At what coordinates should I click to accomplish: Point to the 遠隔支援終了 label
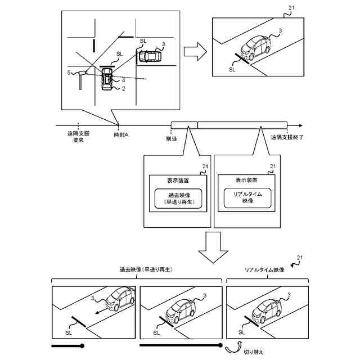click(x=287, y=137)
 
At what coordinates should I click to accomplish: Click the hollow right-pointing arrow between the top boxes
click(x=195, y=51)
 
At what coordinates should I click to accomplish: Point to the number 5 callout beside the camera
click(x=69, y=73)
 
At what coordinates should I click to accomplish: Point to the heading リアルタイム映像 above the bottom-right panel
click(x=265, y=271)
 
